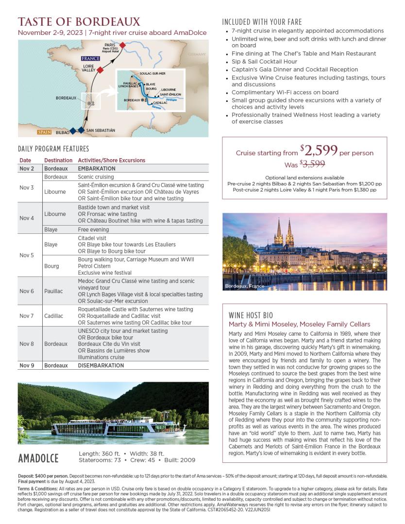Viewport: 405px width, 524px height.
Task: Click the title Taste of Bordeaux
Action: coord(79,22)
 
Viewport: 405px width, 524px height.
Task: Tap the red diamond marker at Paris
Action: coord(123,45)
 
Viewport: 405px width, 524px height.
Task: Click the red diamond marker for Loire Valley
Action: coord(100,70)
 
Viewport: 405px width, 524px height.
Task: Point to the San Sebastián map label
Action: coord(101,130)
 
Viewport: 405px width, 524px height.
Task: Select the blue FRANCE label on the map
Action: coord(90,58)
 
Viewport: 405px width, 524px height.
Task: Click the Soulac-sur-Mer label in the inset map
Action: coord(152,73)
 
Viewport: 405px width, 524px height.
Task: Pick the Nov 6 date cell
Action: coord(27,291)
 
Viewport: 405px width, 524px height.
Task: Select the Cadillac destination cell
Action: coord(53,316)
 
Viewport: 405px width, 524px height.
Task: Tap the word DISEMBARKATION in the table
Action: coord(101,365)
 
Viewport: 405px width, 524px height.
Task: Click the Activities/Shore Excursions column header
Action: coord(111,160)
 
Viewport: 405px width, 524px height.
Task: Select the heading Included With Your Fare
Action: coord(262,22)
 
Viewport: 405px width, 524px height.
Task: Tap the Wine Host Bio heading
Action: coord(251,315)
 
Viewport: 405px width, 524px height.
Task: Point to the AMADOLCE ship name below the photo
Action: coord(38,458)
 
